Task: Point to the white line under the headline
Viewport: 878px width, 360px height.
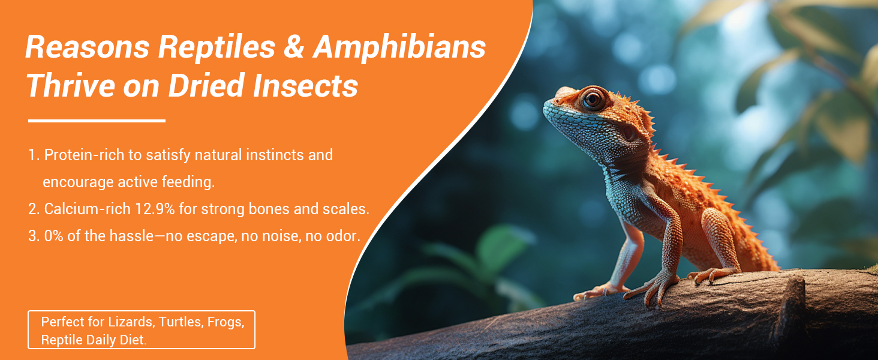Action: (97, 121)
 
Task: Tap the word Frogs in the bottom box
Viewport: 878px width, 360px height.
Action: (225, 322)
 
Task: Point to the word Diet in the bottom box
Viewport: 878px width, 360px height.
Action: (133, 340)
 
